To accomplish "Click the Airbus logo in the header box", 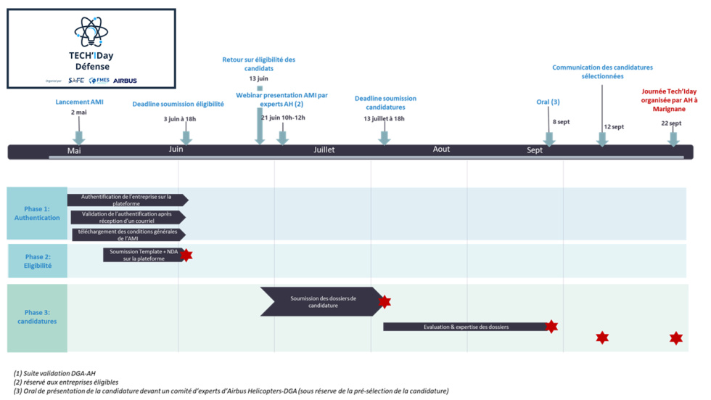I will (x=125, y=81).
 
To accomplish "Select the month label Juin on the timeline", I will (x=176, y=150).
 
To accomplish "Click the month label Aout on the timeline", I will (x=441, y=149).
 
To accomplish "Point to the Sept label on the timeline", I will (x=535, y=150).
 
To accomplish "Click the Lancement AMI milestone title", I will (x=79, y=102).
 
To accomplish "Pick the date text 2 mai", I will (x=78, y=113).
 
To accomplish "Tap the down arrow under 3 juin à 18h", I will (x=186, y=136).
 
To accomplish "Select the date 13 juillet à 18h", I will (x=384, y=118).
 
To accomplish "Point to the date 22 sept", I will (x=671, y=123).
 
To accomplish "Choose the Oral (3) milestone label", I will (x=548, y=102).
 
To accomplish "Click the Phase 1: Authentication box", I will (x=37, y=213).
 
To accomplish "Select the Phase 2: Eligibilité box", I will (x=38, y=261).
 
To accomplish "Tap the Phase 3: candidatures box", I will (x=37, y=317).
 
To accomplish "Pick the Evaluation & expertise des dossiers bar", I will (x=465, y=327).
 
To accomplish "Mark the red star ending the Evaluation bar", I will (x=551, y=327).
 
